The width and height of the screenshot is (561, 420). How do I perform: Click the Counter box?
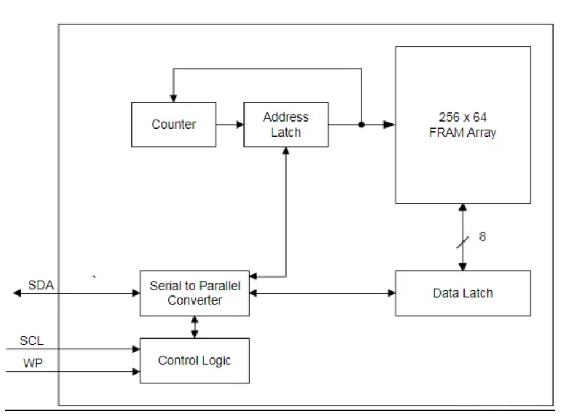[x=174, y=124]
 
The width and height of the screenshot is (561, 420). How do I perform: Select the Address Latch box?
[x=286, y=124]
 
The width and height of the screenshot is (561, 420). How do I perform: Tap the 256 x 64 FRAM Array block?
[x=462, y=125]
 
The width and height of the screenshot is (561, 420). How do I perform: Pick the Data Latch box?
[x=462, y=293]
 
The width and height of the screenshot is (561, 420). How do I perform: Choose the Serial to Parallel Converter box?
[x=195, y=293]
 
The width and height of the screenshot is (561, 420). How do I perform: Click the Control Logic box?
[x=195, y=360]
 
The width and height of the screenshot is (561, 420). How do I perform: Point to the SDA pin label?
[x=41, y=285]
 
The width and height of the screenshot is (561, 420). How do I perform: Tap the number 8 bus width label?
[x=482, y=236]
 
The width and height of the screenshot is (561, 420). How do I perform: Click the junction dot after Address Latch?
[x=362, y=124]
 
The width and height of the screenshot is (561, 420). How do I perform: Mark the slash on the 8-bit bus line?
[x=462, y=243]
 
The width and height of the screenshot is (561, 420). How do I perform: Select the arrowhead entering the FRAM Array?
[x=390, y=124]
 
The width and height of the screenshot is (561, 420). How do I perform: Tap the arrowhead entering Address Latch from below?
[x=286, y=151]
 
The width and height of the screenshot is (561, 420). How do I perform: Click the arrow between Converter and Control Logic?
[x=195, y=326]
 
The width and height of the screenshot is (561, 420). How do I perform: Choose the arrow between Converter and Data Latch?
[x=322, y=293]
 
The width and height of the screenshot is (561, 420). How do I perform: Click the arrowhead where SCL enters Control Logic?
[x=136, y=348]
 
